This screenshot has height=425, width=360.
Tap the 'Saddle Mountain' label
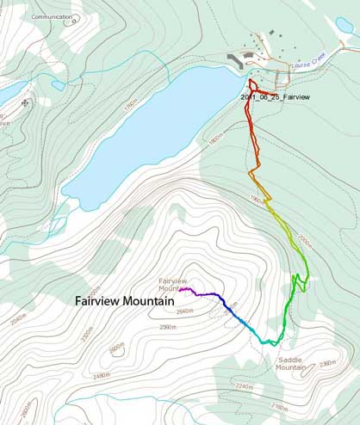pos(292,364)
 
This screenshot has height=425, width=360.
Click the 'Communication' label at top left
pos(52,16)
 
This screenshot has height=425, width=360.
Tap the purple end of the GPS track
pos(183,290)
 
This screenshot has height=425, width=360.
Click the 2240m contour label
pos(244,386)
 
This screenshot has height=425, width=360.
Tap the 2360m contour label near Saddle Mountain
pos(326,363)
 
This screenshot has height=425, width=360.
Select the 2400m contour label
pos(117,348)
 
